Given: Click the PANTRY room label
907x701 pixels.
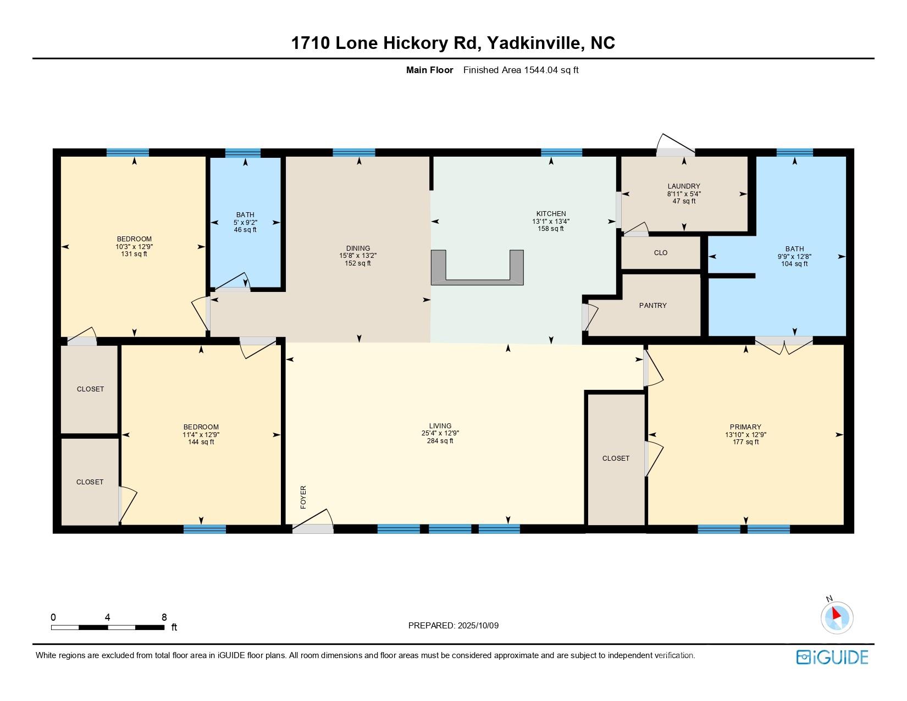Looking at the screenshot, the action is tap(653, 306).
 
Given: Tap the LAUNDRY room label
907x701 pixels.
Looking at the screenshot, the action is tap(684, 186).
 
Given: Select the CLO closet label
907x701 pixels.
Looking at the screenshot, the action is tap(661, 252).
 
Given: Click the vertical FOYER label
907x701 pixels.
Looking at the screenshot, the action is tap(303, 497).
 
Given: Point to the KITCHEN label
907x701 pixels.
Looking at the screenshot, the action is tap(551, 214).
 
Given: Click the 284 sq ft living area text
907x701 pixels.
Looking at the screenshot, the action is tap(440, 441).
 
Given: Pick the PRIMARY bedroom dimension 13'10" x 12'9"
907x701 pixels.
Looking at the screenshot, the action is tap(745, 435).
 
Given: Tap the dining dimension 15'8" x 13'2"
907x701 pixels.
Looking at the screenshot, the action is tap(358, 256).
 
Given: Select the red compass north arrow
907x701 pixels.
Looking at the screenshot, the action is tap(836, 614).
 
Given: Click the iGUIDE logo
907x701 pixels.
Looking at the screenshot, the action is tap(832, 657).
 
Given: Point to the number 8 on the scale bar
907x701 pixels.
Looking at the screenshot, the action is tap(164, 617).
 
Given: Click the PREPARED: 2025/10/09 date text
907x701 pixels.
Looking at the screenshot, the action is tap(453, 626).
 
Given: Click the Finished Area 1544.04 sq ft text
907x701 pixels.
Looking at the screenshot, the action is tap(521, 70).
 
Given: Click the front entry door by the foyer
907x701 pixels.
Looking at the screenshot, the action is tap(313, 521).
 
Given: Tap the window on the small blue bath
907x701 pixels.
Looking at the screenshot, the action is tap(243, 153).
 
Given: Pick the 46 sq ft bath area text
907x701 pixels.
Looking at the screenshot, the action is tap(245, 230).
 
